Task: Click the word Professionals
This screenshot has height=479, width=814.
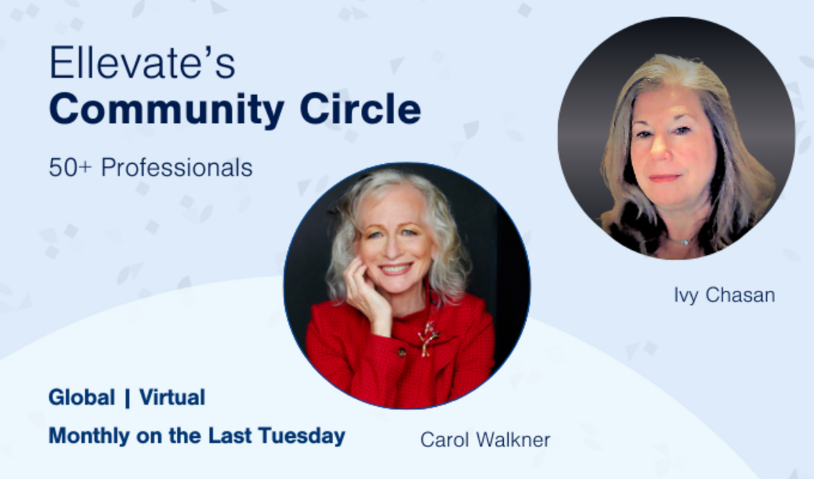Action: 176,167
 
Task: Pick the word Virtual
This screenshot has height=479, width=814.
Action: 172,398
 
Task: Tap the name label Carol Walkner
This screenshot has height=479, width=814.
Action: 485,439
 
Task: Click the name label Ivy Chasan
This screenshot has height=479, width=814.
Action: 724,295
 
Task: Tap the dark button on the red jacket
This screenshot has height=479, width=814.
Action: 401,353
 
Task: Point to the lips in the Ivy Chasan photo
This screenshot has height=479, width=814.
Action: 664,178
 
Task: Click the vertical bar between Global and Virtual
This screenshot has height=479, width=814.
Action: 127,398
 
